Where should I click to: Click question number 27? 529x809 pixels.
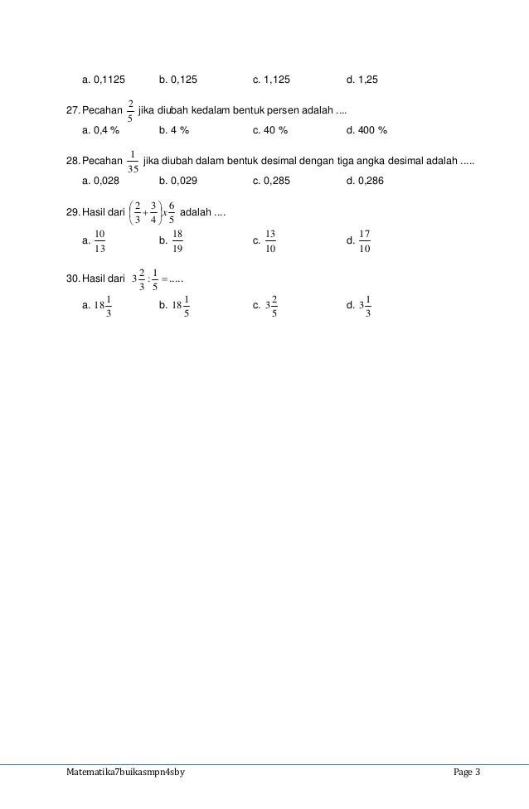tap(73, 111)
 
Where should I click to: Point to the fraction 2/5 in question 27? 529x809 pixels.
tap(129, 111)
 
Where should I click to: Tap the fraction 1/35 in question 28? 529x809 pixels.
tap(133, 160)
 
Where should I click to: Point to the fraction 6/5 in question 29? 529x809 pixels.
tap(172, 212)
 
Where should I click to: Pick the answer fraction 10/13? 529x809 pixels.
tap(99, 241)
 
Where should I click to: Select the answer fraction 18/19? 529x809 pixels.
tap(177, 241)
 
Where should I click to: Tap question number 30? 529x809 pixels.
tap(73, 277)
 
